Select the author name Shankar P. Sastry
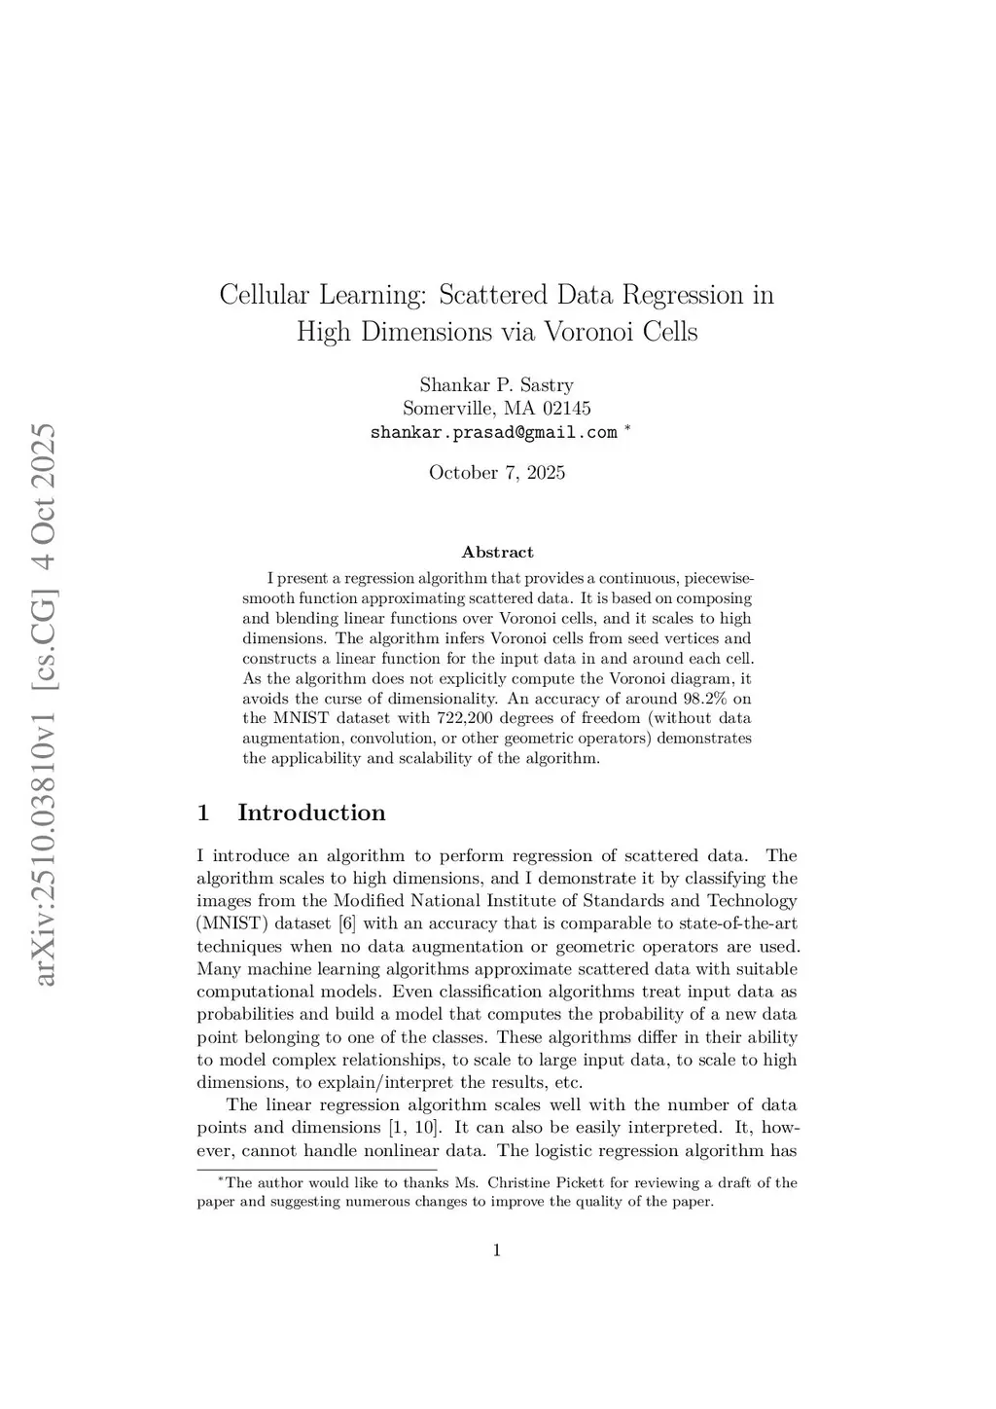coord(496,384)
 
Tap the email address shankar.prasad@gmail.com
coord(493,432)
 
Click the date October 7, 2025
coord(496,473)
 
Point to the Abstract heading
coord(497,552)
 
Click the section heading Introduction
coord(311,813)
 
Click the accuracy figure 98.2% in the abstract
coord(697,699)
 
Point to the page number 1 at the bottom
coord(497,1250)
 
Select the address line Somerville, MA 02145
coord(496,409)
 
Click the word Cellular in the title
coord(264,294)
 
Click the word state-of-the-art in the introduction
coord(742,923)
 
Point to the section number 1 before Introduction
coord(203,813)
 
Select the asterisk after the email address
coord(627,428)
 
